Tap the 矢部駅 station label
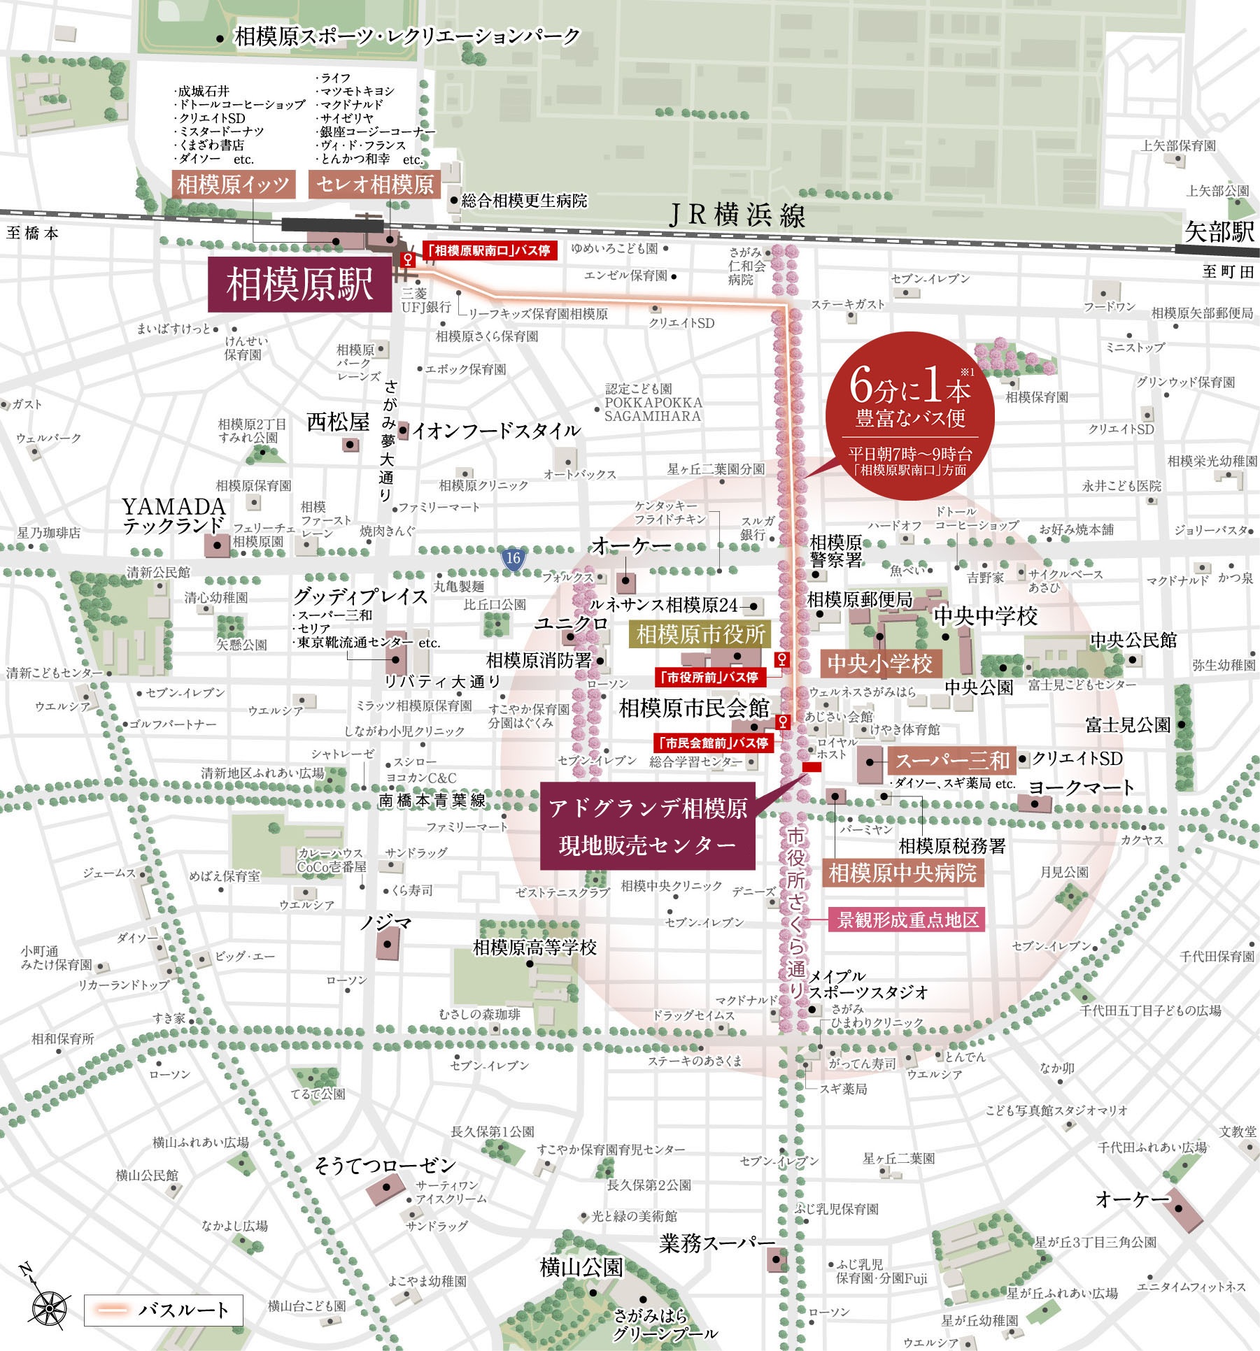[x=1219, y=231]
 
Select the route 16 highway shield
[x=514, y=557]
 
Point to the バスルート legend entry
[x=163, y=1310]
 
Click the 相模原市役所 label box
[x=701, y=634]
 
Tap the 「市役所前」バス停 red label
[x=710, y=677]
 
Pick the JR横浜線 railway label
[x=737, y=215]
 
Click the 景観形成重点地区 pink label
[x=907, y=920]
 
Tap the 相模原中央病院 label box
[x=902, y=873]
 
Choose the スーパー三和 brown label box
[x=952, y=761]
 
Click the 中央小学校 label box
[x=880, y=663]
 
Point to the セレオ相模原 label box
[x=375, y=185]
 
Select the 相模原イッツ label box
[x=234, y=185]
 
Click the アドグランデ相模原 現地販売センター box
[x=647, y=826]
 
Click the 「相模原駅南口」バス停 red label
[x=490, y=250]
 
